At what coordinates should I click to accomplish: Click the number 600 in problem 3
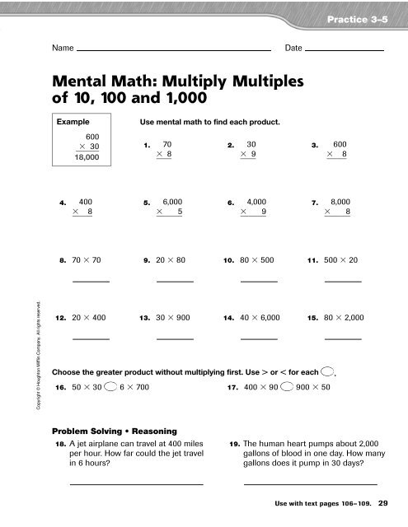[339, 143]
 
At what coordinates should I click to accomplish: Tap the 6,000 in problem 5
[173, 201]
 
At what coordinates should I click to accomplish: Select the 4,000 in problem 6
[256, 201]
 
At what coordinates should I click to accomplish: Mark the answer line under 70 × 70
[91, 281]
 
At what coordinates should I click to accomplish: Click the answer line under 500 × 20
[343, 281]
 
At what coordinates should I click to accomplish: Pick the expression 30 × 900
[173, 316]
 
